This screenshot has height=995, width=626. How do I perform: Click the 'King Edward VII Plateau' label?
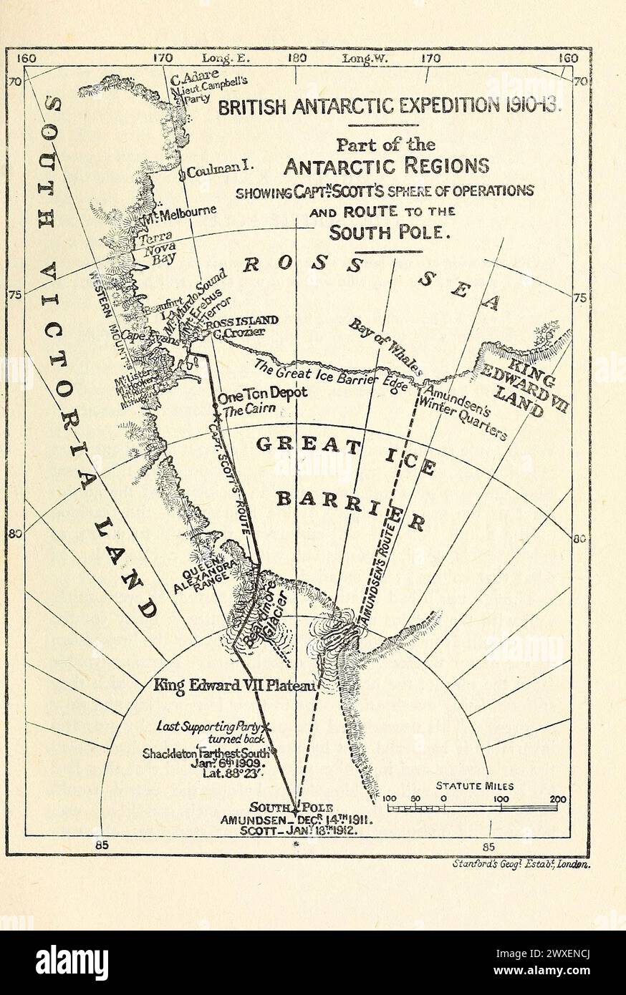[234, 685]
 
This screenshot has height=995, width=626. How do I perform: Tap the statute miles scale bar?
[473, 808]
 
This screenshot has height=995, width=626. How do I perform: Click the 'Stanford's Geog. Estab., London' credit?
[521, 864]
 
